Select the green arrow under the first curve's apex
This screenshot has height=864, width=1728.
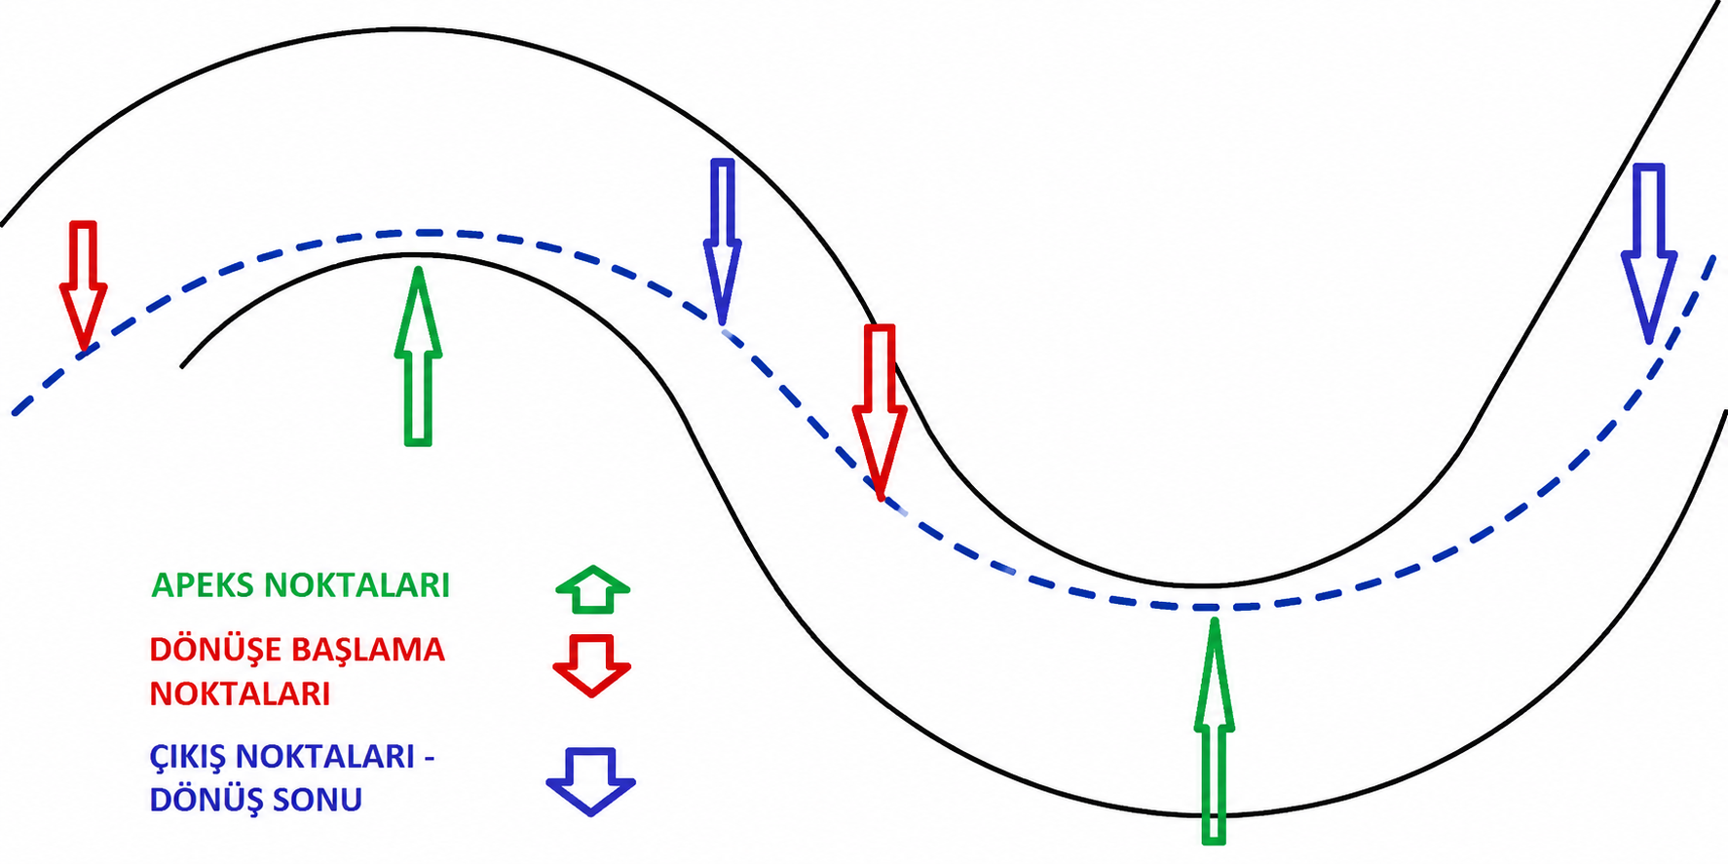point(418,356)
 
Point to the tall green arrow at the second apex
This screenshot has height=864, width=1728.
point(1214,730)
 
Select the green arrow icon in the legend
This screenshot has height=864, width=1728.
point(593,589)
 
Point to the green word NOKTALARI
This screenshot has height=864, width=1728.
point(357,585)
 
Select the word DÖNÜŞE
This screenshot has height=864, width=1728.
point(217,650)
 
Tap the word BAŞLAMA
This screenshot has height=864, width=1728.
point(369,650)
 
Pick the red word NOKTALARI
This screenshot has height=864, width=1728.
point(240,694)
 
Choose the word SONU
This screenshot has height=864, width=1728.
point(318,800)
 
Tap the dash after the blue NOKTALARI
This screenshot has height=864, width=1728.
point(429,758)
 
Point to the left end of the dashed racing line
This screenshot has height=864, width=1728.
point(14,414)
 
